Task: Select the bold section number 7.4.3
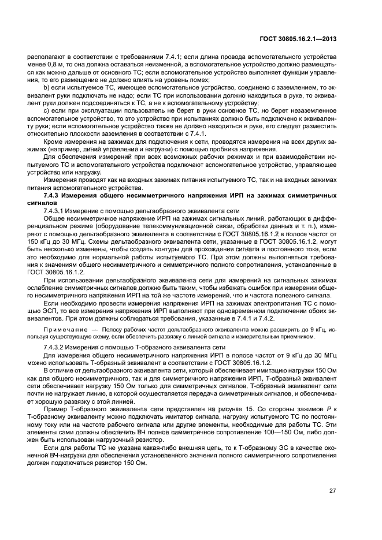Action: [x=55, y=197]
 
